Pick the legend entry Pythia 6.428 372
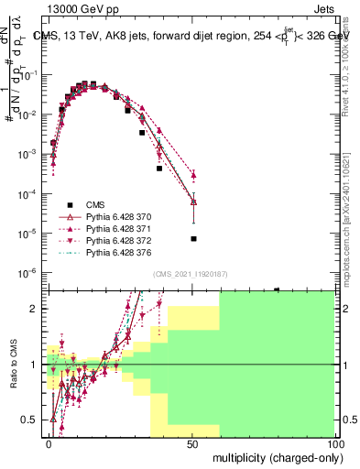pyautogui.click(x=116, y=237)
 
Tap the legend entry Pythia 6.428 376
pyautogui.click(x=116, y=250)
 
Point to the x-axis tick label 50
pyautogui.click(x=192, y=442)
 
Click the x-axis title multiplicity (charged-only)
pyautogui.click(x=273, y=456)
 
